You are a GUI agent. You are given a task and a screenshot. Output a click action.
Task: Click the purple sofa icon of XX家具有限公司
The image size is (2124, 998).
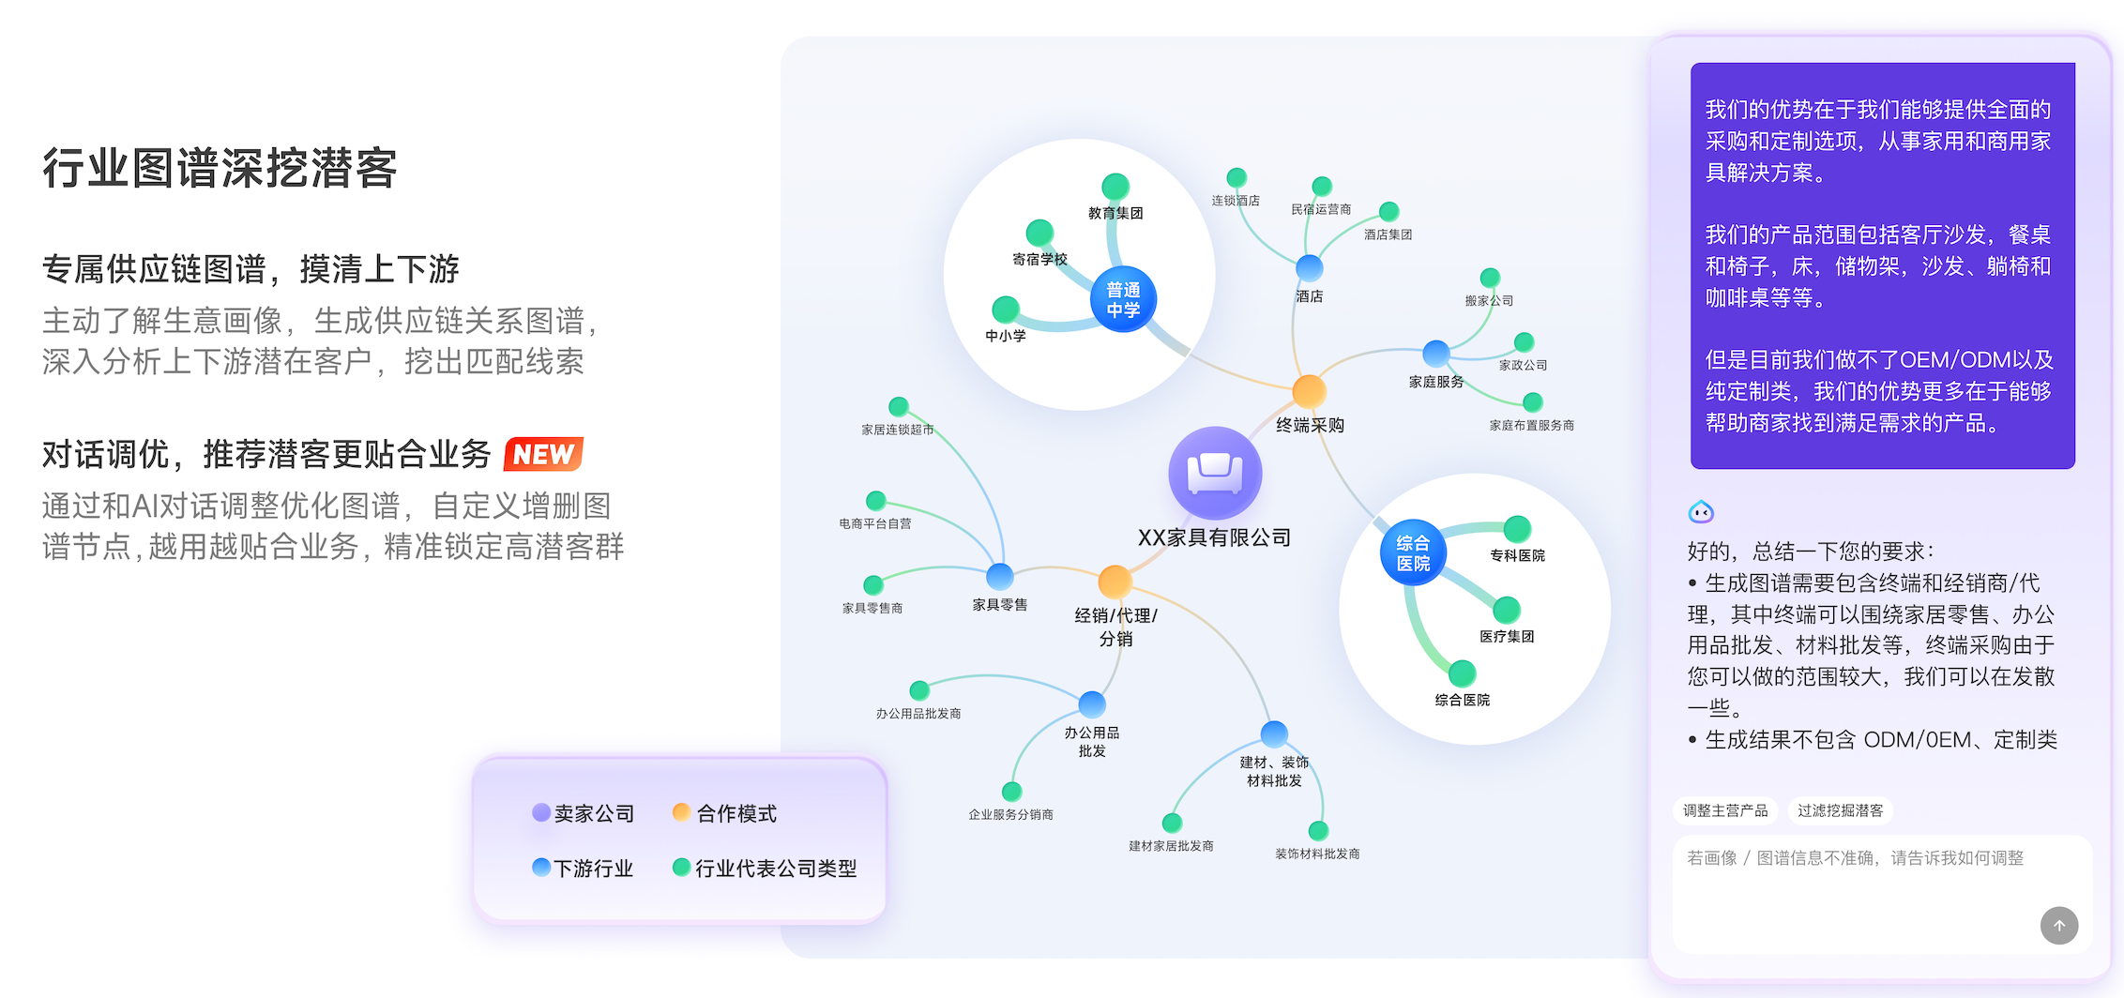1215,473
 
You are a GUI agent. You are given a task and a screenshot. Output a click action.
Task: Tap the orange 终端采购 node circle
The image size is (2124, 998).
1309,391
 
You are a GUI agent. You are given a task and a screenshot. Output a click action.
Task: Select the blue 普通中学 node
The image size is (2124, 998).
1123,299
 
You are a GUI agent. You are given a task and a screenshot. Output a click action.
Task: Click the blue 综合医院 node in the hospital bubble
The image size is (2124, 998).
1413,552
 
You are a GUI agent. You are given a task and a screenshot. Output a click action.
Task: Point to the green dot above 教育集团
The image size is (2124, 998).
1115,187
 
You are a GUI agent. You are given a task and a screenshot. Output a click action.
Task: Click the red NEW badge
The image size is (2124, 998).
543,454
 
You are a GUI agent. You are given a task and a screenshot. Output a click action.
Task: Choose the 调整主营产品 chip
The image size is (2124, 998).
1724,810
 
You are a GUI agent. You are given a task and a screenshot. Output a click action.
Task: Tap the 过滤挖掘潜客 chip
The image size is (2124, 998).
1840,810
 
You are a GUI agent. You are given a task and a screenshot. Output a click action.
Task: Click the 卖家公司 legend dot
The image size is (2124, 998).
541,812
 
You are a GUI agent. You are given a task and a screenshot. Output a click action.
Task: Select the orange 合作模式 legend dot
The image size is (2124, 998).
682,812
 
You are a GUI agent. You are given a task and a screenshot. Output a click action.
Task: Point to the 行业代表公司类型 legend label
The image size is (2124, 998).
776,869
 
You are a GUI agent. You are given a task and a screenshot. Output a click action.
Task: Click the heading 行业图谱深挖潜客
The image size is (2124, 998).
220,169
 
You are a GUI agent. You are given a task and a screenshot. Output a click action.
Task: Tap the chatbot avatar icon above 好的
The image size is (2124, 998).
1701,512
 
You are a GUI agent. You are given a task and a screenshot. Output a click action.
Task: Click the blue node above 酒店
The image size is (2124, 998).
1310,268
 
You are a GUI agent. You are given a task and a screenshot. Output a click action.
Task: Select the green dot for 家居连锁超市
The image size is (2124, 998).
899,406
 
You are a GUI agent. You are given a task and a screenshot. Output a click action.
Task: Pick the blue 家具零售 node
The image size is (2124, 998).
1000,576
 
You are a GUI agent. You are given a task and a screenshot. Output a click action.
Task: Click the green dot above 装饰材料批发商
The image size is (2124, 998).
1318,830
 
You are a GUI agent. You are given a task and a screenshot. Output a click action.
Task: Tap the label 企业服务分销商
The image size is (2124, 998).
1010,815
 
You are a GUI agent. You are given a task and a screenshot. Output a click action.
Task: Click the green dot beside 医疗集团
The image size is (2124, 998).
1507,610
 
